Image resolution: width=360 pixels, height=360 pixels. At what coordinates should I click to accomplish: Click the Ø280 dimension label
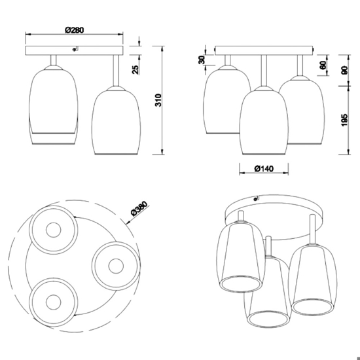(x=75, y=30)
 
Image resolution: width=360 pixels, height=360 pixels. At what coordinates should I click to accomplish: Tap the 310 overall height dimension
(x=158, y=100)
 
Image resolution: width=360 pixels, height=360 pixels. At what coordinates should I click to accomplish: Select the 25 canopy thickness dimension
(x=135, y=69)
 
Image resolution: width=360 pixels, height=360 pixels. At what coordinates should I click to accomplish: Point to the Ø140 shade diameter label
(x=264, y=169)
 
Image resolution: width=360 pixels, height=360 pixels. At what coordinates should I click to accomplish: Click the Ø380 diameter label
(x=139, y=208)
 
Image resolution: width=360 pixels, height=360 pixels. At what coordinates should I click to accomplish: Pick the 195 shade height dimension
(x=344, y=120)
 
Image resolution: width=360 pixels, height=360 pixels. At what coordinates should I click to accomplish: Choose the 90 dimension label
(x=344, y=70)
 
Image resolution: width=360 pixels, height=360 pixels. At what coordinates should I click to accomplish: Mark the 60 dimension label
(x=323, y=65)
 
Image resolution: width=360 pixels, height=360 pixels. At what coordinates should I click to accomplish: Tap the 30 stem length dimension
(x=202, y=60)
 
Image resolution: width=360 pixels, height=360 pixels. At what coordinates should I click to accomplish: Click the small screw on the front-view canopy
(x=74, y=49)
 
